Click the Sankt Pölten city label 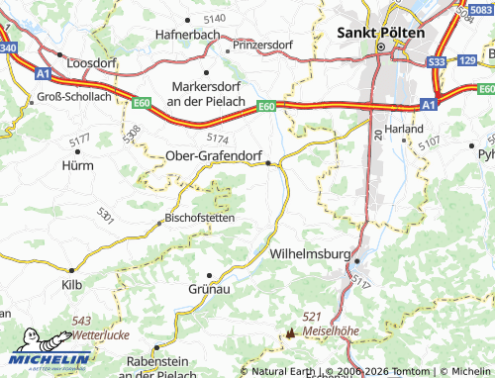[381, 32]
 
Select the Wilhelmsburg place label [310, 253]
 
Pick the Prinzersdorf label [264, 46]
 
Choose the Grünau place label [209, 290]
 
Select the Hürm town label [77, 165]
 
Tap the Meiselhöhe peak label [331, 330]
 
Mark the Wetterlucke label [101, 335]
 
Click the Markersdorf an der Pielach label [206, 93]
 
